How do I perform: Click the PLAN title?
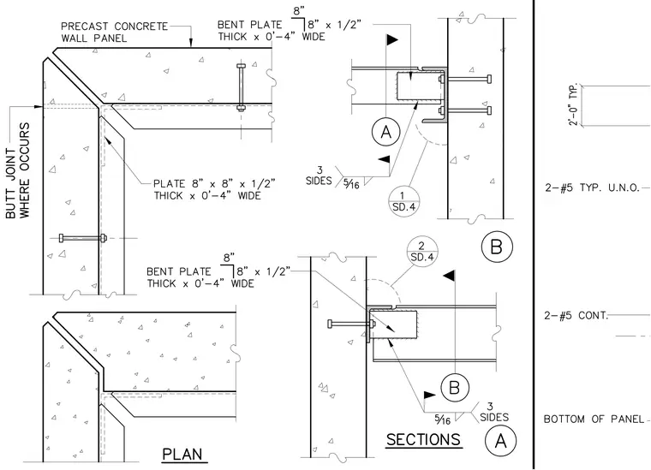click(182, 455)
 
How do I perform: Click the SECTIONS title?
click(423, 440)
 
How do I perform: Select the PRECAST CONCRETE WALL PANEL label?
click(114, 33)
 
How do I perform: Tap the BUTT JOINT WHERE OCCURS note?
click(18, 170)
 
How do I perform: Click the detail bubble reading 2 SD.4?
click(422, 252)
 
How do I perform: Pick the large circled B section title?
click(497, 247)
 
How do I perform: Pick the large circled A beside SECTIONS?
click(501, 441)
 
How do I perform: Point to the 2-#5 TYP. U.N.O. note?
click(592, 187)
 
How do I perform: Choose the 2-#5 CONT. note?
click(576, 316)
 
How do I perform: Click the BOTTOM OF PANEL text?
click(594, 419)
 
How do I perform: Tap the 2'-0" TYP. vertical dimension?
click(573, 105)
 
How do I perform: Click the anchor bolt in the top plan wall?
click(241, 87)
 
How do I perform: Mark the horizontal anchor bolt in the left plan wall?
click(83, 238)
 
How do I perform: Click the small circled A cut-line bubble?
click(386, 132)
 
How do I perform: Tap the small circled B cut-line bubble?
click(455, 388)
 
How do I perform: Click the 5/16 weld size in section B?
click(351, 183)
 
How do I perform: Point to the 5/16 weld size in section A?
click(443, 419)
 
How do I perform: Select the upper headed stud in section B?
click(465, 79)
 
